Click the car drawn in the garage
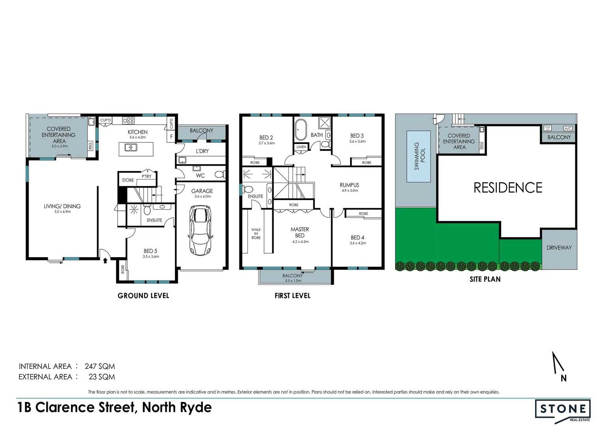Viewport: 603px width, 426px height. [201, 231]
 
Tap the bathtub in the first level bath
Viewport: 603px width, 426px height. [301, 129]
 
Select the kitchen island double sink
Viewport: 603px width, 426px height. [131, 148]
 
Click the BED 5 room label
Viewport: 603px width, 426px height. [150, 251]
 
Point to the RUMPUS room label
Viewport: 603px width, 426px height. [349, 185]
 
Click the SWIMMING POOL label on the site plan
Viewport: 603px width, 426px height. [419, 156]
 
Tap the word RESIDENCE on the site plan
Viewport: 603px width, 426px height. [508, 188]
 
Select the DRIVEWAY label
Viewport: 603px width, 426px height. [559, 248]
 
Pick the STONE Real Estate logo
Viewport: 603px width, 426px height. [563, 411]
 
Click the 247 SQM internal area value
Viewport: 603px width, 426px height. [100, 366]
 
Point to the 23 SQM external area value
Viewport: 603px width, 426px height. [102, 377]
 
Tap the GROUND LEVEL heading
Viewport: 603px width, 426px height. [143, 296]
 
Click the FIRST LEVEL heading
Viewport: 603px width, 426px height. [292, 296]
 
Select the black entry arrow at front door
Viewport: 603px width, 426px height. [105, 260]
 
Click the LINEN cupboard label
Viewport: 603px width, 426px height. [301, 147]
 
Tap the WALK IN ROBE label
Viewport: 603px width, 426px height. [256, 234]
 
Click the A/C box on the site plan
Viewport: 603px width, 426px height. [568, 129]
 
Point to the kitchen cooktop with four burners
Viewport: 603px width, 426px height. [128, 120]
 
